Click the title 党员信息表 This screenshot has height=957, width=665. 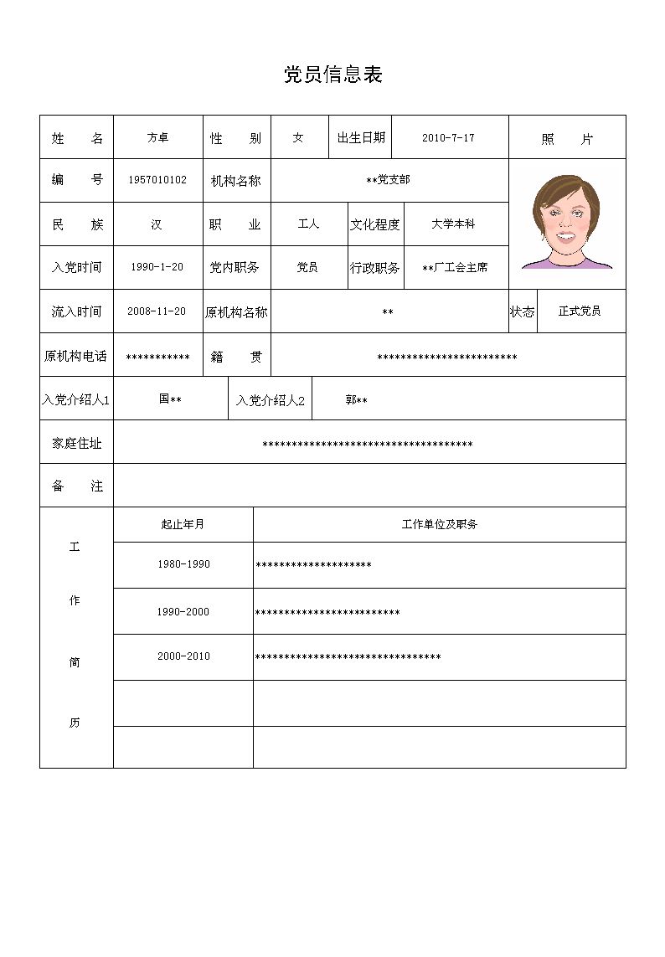click(x=332, y=75)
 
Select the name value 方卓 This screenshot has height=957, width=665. click(x=157, y=137)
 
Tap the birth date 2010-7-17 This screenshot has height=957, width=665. click(x=448, y=137)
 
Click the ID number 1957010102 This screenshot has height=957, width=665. click(x=157, y=180)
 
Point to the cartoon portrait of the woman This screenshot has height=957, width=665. click(x=567, y=223)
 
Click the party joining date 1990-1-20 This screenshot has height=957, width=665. click(x=157, y=267)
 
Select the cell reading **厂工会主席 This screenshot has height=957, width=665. click(x=455, y=268)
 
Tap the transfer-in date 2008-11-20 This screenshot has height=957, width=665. click(x=157, y=311)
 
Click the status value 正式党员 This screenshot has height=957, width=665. click(x=580, y=311)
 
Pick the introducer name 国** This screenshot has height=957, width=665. click(x=170, y=399)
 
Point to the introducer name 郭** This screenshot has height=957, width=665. click(x=356, y=400)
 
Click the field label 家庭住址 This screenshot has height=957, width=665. click(x=76, y=443)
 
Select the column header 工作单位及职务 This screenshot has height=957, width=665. click(x=439, y=524)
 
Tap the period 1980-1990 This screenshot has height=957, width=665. click(x=183, y=564)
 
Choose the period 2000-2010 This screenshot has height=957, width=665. click(x=183, y=656)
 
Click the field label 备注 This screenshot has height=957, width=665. click(x=76, y=486)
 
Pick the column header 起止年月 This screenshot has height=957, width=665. click(x=183, y=524)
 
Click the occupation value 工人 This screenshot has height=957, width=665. click(x=308, y=224)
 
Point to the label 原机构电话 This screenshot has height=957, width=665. click(x=75, y=356)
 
